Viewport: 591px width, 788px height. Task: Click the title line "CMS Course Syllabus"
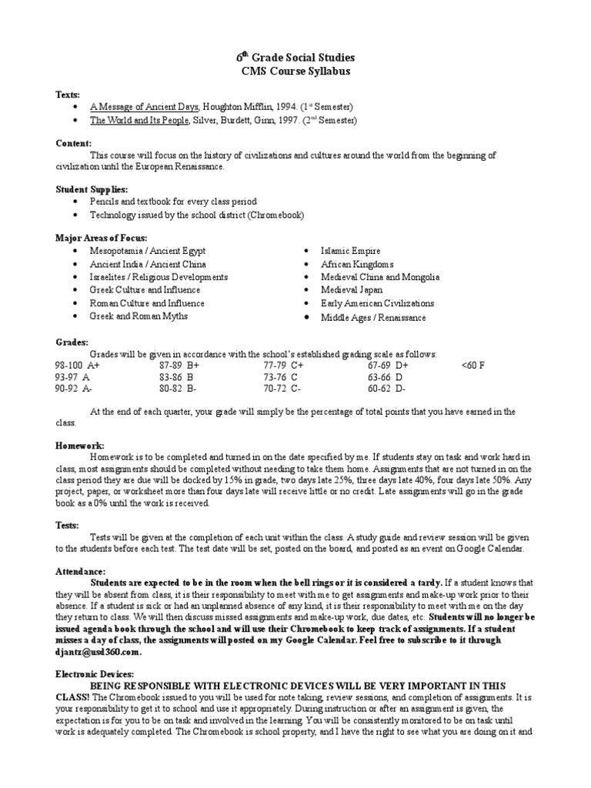point(295,72)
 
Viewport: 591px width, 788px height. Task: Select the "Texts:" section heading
point(67,93)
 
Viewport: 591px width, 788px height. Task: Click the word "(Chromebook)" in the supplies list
point(279,215)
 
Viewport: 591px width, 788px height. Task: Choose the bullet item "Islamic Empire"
point(350,251)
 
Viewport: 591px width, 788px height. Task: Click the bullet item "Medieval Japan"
point(353,290)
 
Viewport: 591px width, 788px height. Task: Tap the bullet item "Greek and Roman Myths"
point(139,316)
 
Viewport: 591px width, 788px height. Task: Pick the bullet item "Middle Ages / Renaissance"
point(374,317)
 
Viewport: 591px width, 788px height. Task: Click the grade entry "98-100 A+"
point(78,366)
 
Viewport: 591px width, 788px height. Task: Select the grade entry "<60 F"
point(473,366)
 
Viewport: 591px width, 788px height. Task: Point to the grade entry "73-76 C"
point(280,378)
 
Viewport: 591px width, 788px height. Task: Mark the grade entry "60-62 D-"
point(386,390)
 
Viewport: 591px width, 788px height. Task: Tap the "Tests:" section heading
point(66,526)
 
